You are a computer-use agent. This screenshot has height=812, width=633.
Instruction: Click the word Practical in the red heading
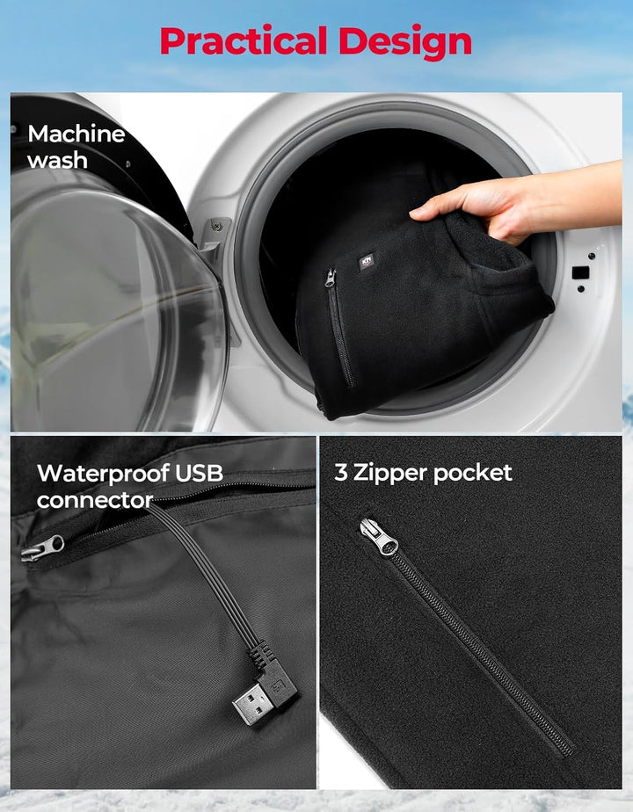pos(244,41)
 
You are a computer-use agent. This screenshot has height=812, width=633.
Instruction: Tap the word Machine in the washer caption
pos(76,134)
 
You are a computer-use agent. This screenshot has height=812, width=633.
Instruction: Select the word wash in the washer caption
pos(57,161)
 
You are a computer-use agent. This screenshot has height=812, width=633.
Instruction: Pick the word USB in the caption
pos(200,473)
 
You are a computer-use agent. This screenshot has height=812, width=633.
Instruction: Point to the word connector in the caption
pos(95,500)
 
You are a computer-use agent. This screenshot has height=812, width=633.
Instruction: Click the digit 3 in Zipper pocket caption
pos(341,472)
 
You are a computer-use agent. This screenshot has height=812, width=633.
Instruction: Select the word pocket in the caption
pos(472,474)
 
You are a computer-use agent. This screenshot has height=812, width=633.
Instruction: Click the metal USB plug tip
pos(251,703)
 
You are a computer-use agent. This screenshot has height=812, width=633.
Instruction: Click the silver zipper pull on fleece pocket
pos(379,537)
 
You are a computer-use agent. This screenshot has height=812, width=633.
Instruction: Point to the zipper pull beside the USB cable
pos(42,548)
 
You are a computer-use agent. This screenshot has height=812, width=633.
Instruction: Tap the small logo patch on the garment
pos(367,262)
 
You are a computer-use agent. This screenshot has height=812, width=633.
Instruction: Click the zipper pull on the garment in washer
pos(330,279)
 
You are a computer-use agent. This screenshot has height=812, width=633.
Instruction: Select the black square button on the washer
pos(580,272)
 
